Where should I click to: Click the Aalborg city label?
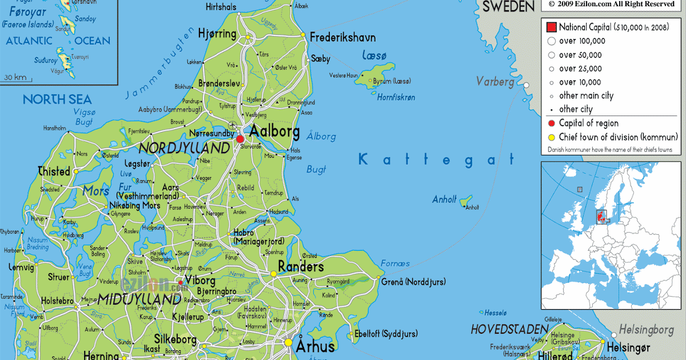pyautogui.click(x=274, y=131)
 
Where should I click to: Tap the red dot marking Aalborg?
pyautogui.click(x=240, y=138)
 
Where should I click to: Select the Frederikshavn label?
pyautogui.click(x=343, y=38)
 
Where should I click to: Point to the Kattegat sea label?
pyautogui.click(x=436, y=159)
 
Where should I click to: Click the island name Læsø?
pyautogui.click(x=374, y=55)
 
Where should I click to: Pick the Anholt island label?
pyautogui.click(x=444, y=199)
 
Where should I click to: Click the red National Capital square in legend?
pyautogui.click(x=551, y=27)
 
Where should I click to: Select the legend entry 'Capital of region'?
pyautogui.click(x=588, y=123)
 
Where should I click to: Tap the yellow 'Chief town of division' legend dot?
pyautogui.click(x=551, y=137)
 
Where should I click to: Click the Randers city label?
pyautogui.click(x=301, y=266)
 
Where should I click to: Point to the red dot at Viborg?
pyautogui.click(x=181, y=282)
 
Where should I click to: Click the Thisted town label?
pyautogui.click(x=54, y=171)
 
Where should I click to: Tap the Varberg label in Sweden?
pyautogui.click(x=495, y=82)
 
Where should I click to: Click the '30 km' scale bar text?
pyautogui.click(x=15, y=77)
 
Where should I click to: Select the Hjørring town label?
pyautogui.click(x=217, y=34)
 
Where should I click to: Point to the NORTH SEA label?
pyautogui.click(x=57, y=100)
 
